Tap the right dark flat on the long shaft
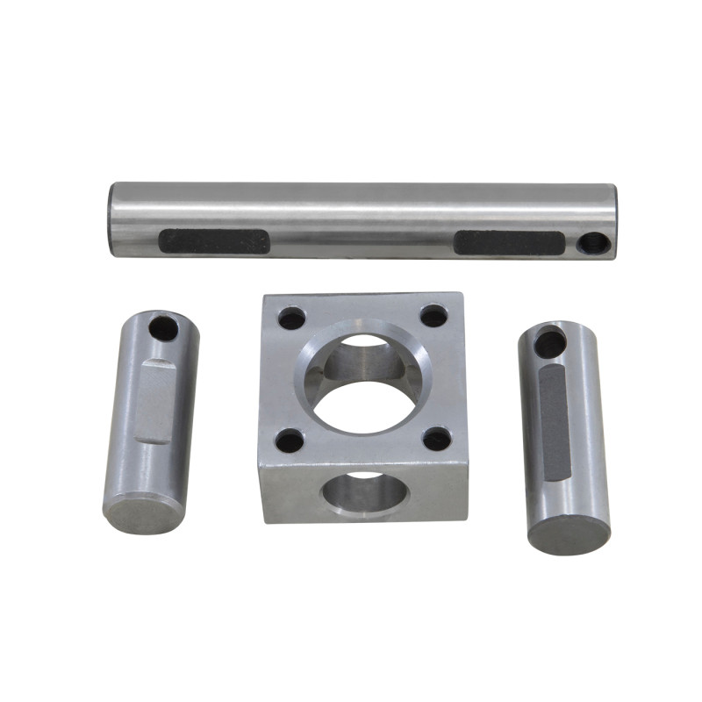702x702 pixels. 509,242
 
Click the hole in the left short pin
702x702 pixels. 162,329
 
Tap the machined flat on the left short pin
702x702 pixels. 156,399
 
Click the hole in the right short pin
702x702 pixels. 550,342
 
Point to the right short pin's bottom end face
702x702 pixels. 569,531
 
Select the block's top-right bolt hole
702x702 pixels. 433,315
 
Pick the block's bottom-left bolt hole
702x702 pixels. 290,439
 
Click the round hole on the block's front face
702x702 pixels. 364,493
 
